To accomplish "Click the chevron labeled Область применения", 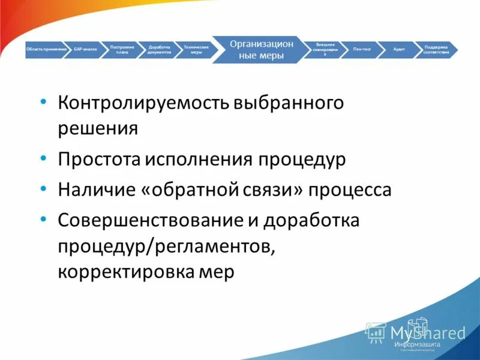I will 46,49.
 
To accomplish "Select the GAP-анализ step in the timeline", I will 85,49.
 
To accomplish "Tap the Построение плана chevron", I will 122,49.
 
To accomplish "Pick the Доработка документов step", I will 160,49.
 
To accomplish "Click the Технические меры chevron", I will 196,49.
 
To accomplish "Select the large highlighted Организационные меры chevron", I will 262,49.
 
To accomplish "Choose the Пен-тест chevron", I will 362,49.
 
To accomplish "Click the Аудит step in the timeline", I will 398,49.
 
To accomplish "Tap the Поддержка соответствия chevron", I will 436,49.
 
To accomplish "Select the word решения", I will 98,128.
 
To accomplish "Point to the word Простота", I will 100,160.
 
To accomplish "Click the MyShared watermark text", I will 427,332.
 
